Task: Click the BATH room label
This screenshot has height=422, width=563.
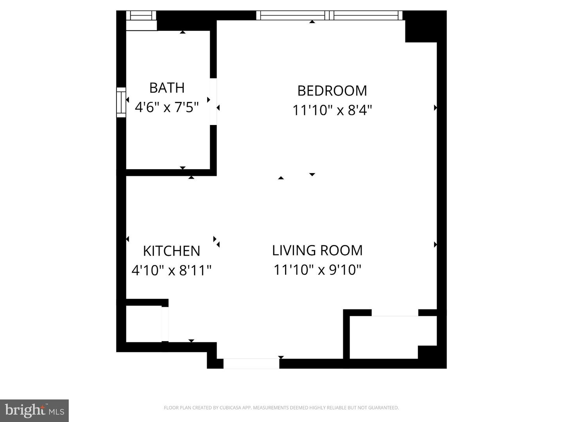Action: (167, 88)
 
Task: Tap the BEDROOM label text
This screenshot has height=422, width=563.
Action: (332, 91)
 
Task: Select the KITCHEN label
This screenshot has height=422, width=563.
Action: (172, 251)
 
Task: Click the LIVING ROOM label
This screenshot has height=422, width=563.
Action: (317, 250)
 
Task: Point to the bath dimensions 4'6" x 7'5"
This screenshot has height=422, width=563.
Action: (167, 107)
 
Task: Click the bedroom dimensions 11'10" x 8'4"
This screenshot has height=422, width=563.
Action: (332, 110)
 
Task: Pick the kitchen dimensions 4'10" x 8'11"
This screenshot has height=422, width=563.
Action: (172, 270)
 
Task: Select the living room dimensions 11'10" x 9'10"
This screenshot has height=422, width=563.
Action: (317, 270)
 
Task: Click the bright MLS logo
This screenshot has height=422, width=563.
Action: (34, 410)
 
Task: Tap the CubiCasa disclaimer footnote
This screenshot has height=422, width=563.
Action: (281, 408)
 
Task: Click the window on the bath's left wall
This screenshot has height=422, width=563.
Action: (121, 102)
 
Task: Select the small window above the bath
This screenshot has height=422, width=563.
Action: (141, 16)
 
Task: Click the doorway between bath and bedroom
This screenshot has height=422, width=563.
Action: (213, 102)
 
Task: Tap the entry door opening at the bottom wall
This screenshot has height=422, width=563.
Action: (251, 364)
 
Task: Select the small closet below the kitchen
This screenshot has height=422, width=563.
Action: (143, 324)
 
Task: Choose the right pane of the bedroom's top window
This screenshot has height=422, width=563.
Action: (366, 15)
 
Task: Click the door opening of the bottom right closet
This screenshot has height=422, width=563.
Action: (395, 313)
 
